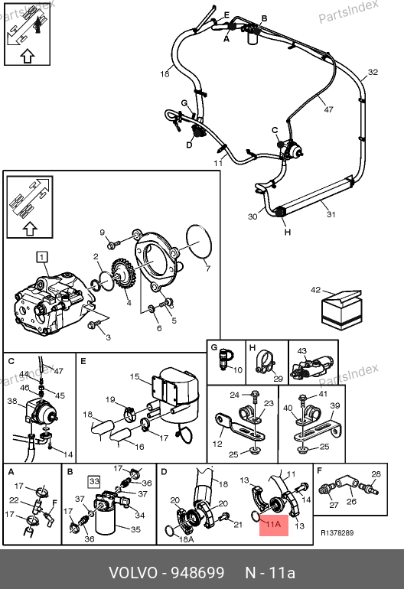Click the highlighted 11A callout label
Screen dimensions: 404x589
click(x=274, y=524)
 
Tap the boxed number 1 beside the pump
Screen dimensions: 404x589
click(x=42, y=257)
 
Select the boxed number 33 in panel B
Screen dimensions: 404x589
click(x=94, y=481)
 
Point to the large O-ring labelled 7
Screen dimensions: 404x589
click(x=199, y=242)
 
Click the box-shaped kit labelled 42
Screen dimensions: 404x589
click(x=342, y=310)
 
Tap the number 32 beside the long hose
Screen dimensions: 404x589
click(x=373, y=72)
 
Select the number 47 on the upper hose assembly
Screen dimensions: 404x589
click(x=328, y=109)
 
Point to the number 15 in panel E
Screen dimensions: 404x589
click(x=135, y=376)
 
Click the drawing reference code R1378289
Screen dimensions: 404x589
click(x=337, y=532)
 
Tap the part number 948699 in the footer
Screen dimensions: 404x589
click(x=197, y=573)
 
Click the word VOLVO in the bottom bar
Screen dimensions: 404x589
click(x=133, y=573)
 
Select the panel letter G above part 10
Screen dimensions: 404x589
click(x=214, y=347)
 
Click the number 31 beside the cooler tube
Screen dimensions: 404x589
click(x=331, y=214)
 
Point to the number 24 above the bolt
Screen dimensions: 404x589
click(x=234, y=395)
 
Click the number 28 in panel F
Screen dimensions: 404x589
click(x=376, y=474)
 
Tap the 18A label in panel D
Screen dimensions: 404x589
click(x=186, y=539)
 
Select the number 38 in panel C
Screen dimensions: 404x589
click(x=12, y=401)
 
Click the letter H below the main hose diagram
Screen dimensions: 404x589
click(x=288, y=232)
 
